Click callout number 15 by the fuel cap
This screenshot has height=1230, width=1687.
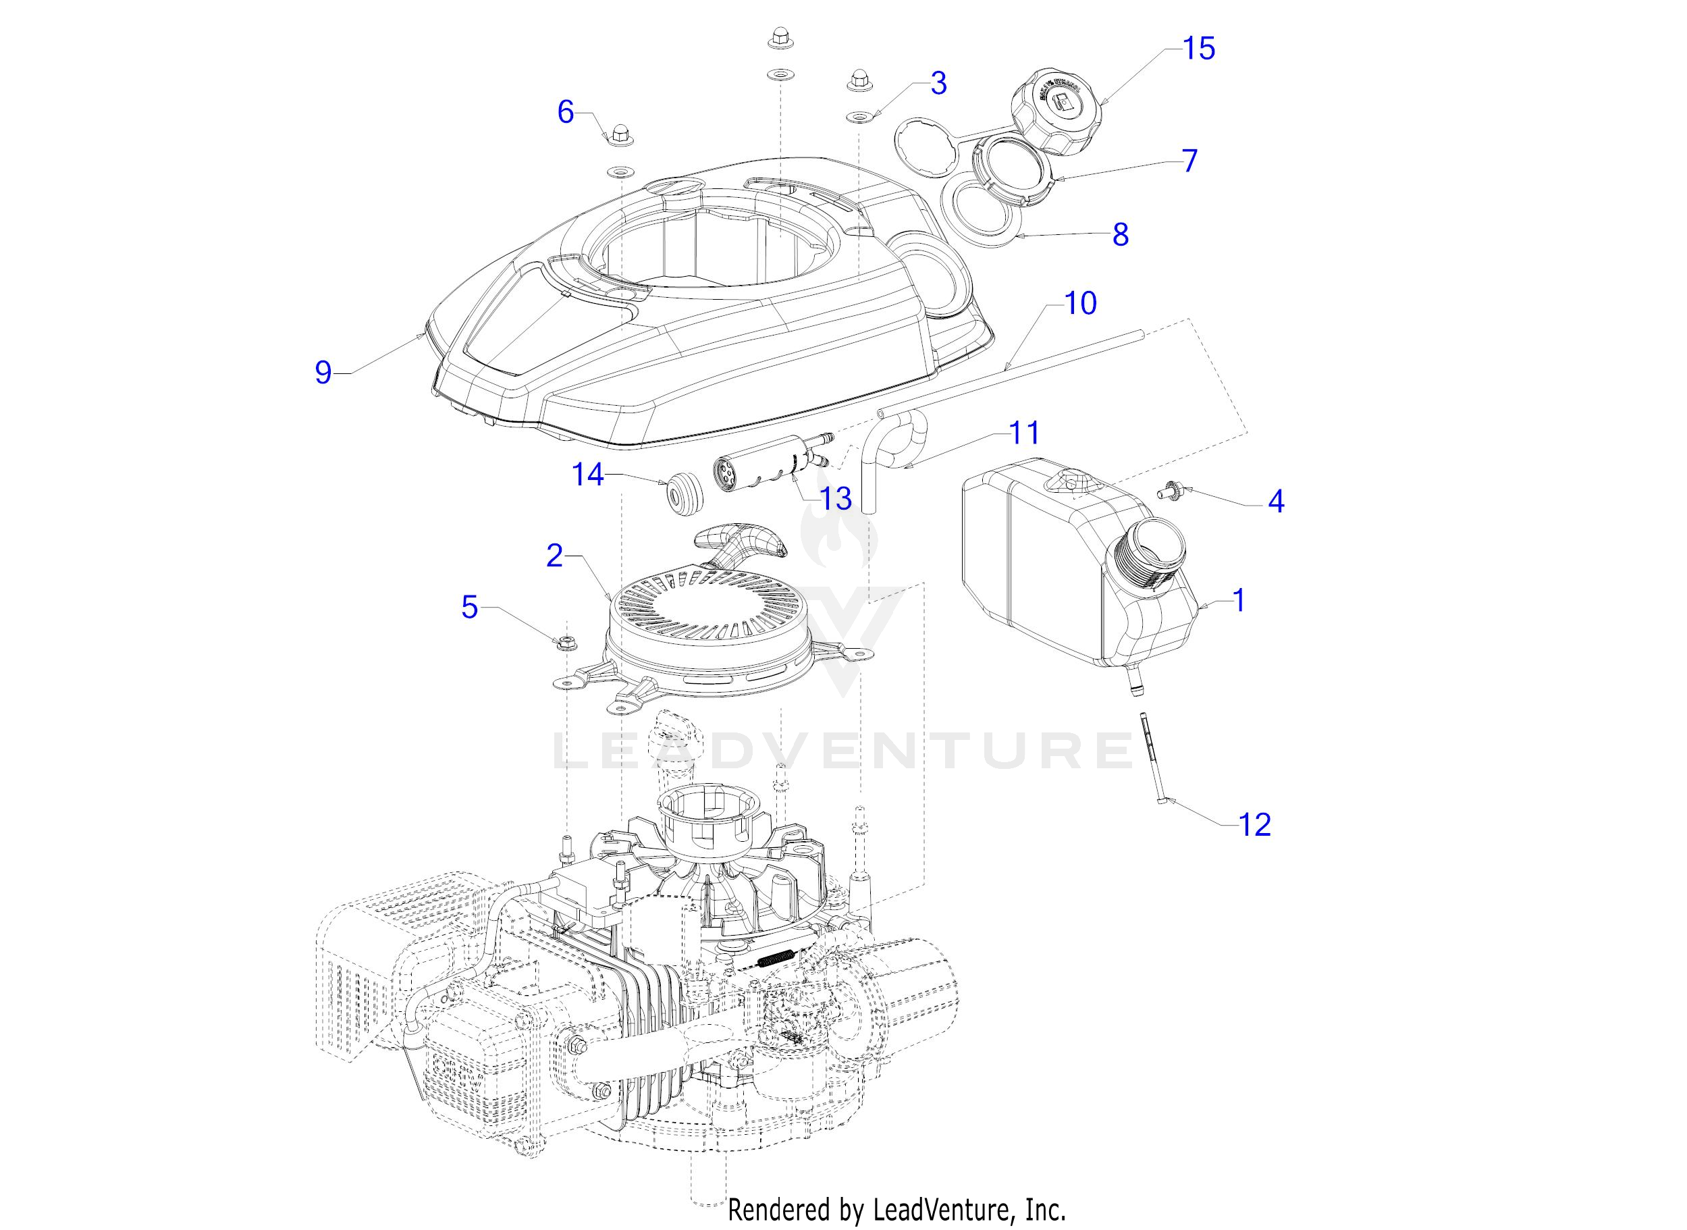(1199, 49)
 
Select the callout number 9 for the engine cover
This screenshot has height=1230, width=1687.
(323, 371)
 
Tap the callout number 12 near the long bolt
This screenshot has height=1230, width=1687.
(1254, 824)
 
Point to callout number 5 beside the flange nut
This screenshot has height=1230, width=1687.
(469, 607)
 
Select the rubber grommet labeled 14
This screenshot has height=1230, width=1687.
(683, 493)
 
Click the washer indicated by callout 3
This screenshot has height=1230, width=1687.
(859, 117)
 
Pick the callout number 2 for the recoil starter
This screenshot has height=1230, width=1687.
(555, 556)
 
